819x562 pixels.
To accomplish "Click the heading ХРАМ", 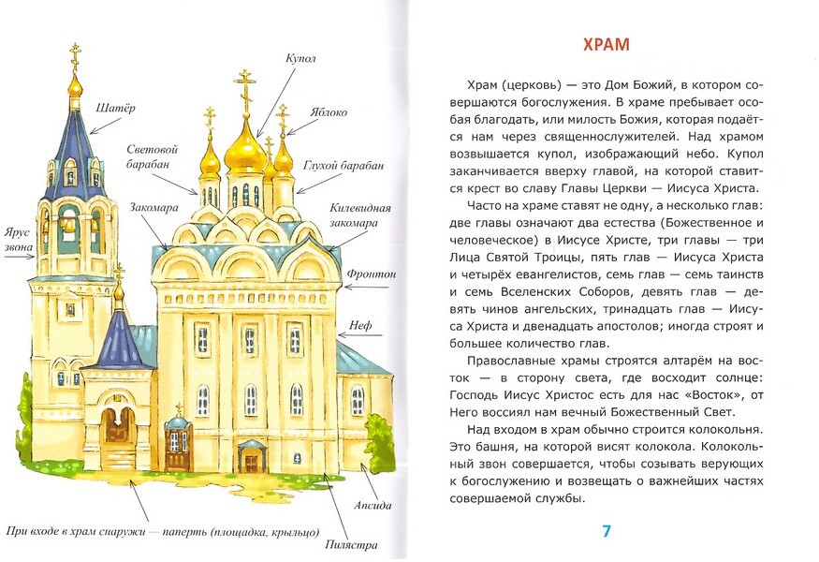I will click(607, 45).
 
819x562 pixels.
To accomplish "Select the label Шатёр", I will click(115, 108).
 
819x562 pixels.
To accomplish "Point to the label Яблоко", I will click(325, 112).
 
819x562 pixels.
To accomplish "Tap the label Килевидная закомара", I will click(359, 215).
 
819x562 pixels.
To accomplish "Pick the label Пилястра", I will click(352, 544).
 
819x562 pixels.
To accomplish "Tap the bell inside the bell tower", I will click(68, 225).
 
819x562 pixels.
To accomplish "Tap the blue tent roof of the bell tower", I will click(75, 140).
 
